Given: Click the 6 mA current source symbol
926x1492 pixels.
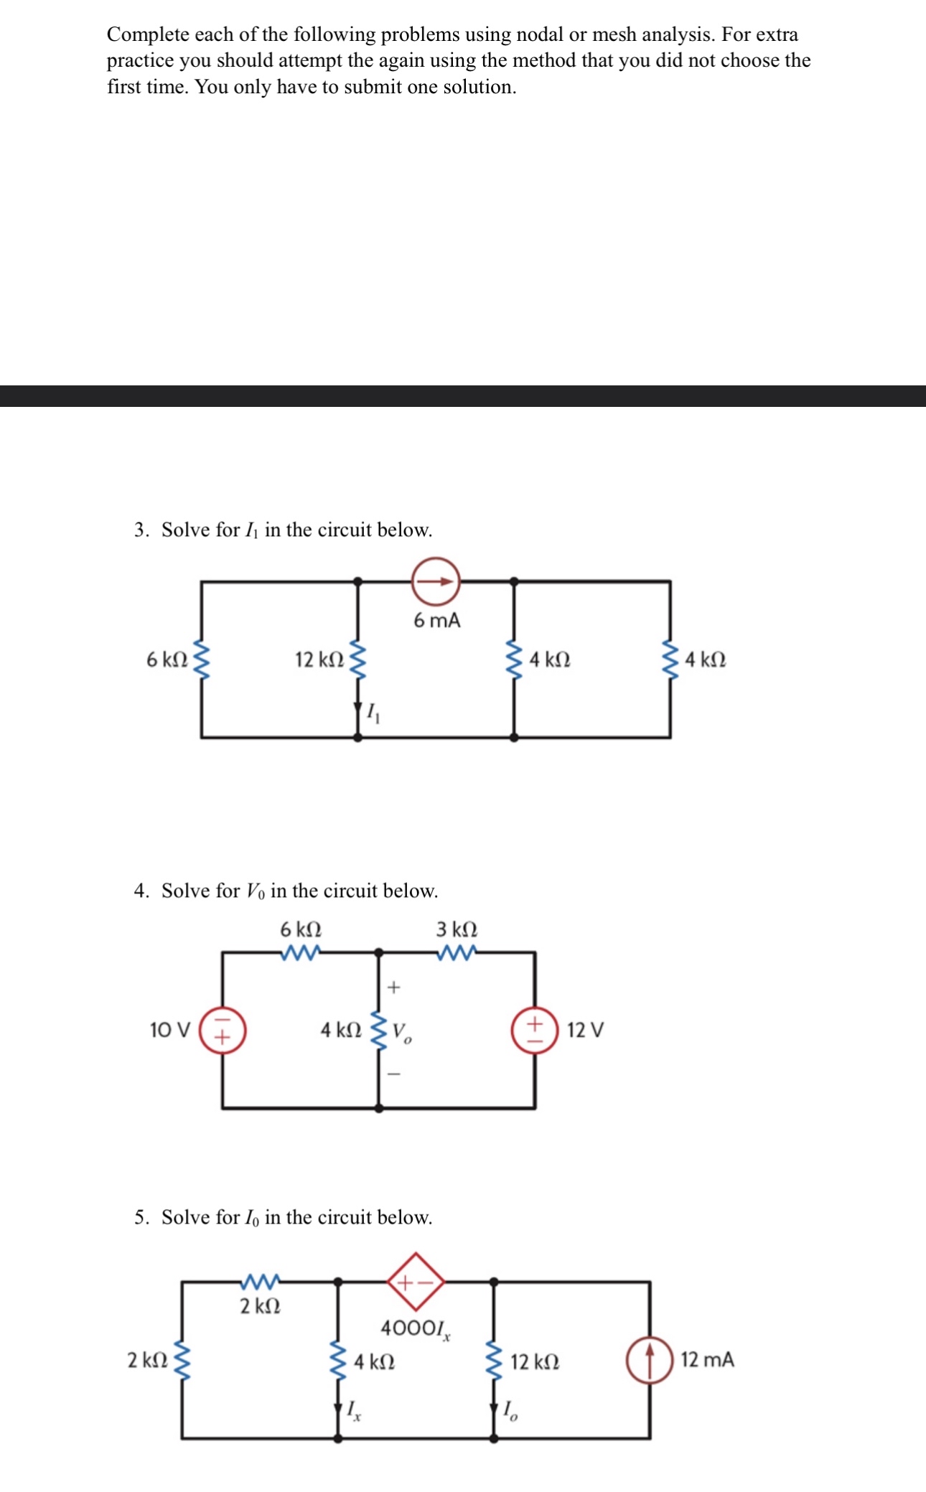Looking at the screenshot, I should [435, 581].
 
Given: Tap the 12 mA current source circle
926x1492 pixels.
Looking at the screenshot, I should [650, 1359].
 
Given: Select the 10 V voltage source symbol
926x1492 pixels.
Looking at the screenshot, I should [223, 1031].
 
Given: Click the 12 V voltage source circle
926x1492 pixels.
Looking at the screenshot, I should [535, 1031].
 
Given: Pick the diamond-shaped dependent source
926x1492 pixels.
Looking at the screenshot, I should [416, 1281].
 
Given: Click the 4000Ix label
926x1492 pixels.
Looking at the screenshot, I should [415, 1328].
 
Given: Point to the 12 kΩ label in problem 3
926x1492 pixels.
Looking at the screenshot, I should [319, 660].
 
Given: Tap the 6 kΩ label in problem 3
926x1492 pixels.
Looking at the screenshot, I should [167, 660].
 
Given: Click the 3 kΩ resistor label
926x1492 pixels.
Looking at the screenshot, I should [457, 929].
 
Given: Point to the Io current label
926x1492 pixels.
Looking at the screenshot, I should [510, 1411].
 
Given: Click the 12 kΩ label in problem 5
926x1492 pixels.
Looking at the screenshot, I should [535, 1361].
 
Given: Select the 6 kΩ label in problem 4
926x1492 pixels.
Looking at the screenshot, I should [301, 929].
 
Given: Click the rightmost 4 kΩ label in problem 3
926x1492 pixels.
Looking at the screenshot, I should [705, 660].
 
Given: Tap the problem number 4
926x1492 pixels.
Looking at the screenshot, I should [141, 891].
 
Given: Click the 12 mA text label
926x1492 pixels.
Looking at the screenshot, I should [707, 1359].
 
